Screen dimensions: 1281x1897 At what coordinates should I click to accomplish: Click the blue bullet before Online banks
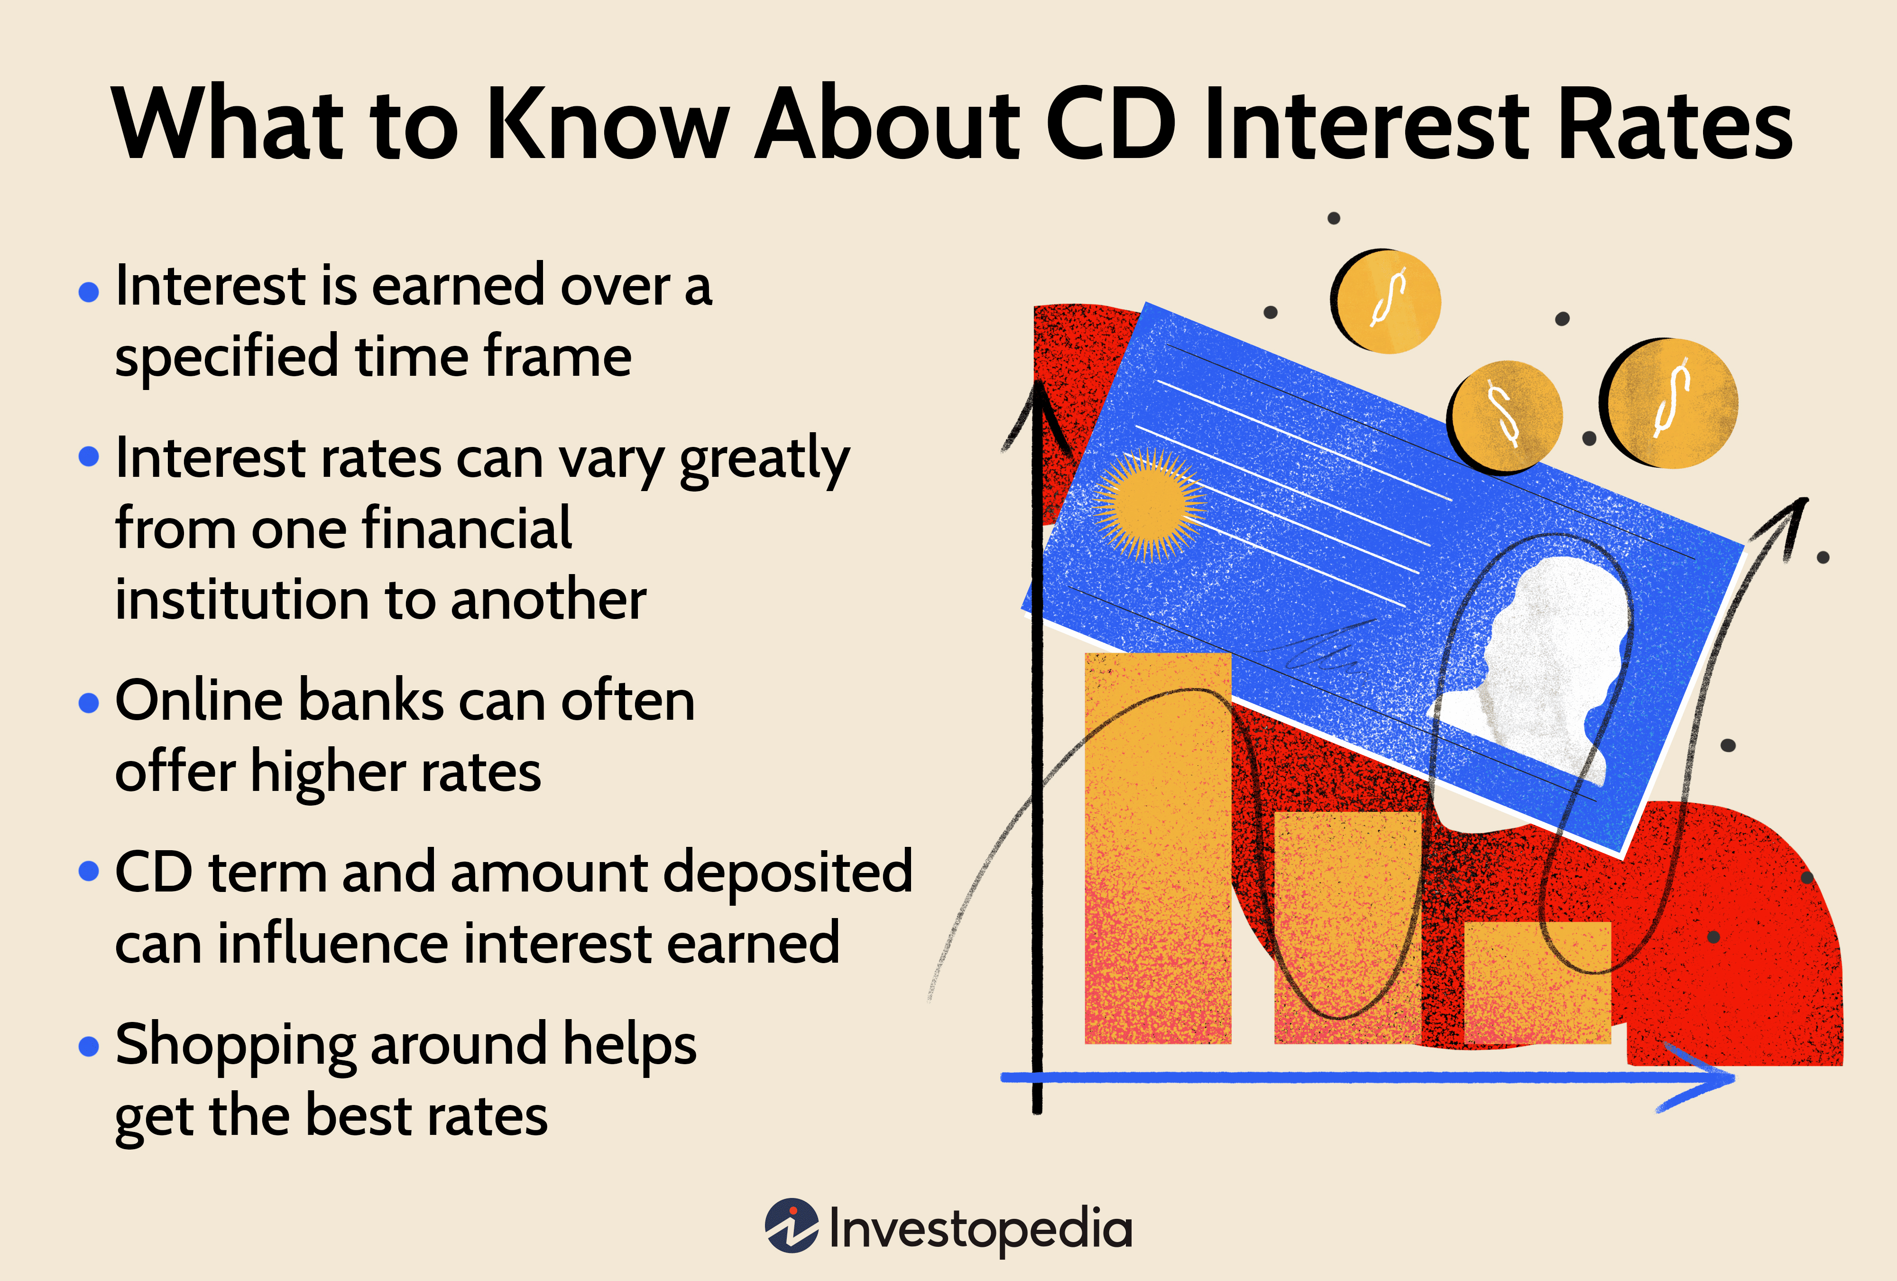click(88, 703)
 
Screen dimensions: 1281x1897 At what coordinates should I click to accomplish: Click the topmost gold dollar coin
click(1387, 301)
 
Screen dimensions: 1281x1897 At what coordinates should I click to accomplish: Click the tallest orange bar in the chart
click(1158, 849)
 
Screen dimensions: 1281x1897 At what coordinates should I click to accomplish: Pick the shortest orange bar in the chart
click(1537, 982)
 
